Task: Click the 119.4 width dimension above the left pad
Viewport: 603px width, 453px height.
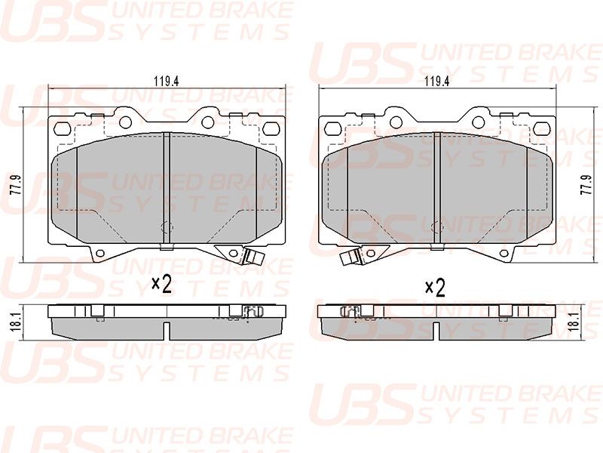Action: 167,82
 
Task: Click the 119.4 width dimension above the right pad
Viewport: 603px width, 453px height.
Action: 437,82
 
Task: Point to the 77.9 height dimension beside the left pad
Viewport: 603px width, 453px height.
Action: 14,185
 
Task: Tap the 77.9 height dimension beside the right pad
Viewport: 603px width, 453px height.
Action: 586,185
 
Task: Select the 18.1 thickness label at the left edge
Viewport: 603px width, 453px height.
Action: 15,322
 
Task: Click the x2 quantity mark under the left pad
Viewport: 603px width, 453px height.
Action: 161,285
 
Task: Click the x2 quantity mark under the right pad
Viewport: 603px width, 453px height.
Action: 435,288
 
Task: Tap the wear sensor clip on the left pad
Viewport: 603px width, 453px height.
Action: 252,257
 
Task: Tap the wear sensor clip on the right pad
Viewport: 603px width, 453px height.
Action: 350,257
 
